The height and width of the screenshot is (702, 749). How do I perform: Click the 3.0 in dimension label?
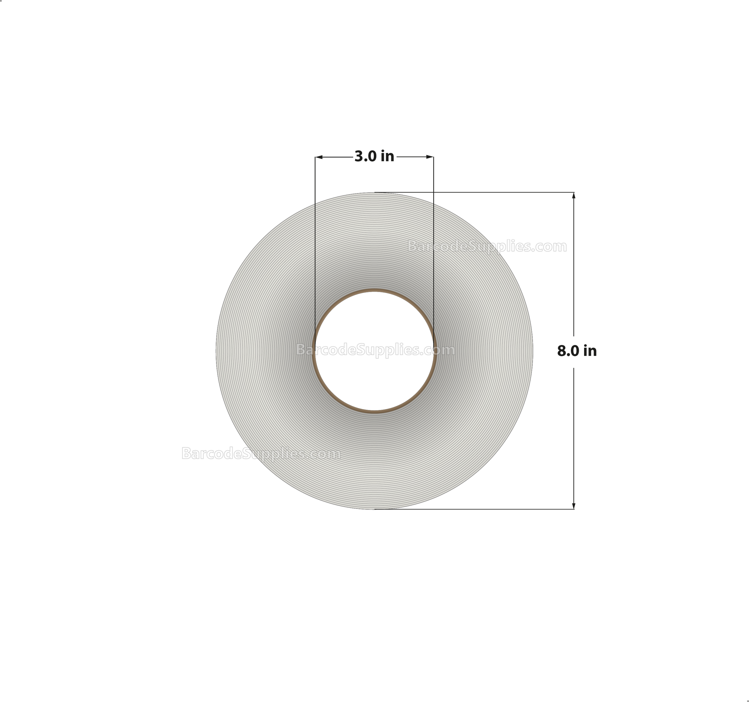(x=374, y=156)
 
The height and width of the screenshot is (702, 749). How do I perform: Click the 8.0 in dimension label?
(x=577, y=351)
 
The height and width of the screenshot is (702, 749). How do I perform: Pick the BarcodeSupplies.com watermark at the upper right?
(x=487, y=247)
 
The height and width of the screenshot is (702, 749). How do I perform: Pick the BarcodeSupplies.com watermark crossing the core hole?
(x=375, y=350)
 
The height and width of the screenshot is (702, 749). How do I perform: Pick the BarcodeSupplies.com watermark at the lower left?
(x=261, y=453)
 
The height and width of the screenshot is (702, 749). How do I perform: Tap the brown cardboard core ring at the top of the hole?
(x=374, y=290)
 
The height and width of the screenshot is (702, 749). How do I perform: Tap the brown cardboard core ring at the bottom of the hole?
(x=374, y=412)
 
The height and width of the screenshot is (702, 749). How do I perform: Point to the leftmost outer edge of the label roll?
(x=216, y=351)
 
